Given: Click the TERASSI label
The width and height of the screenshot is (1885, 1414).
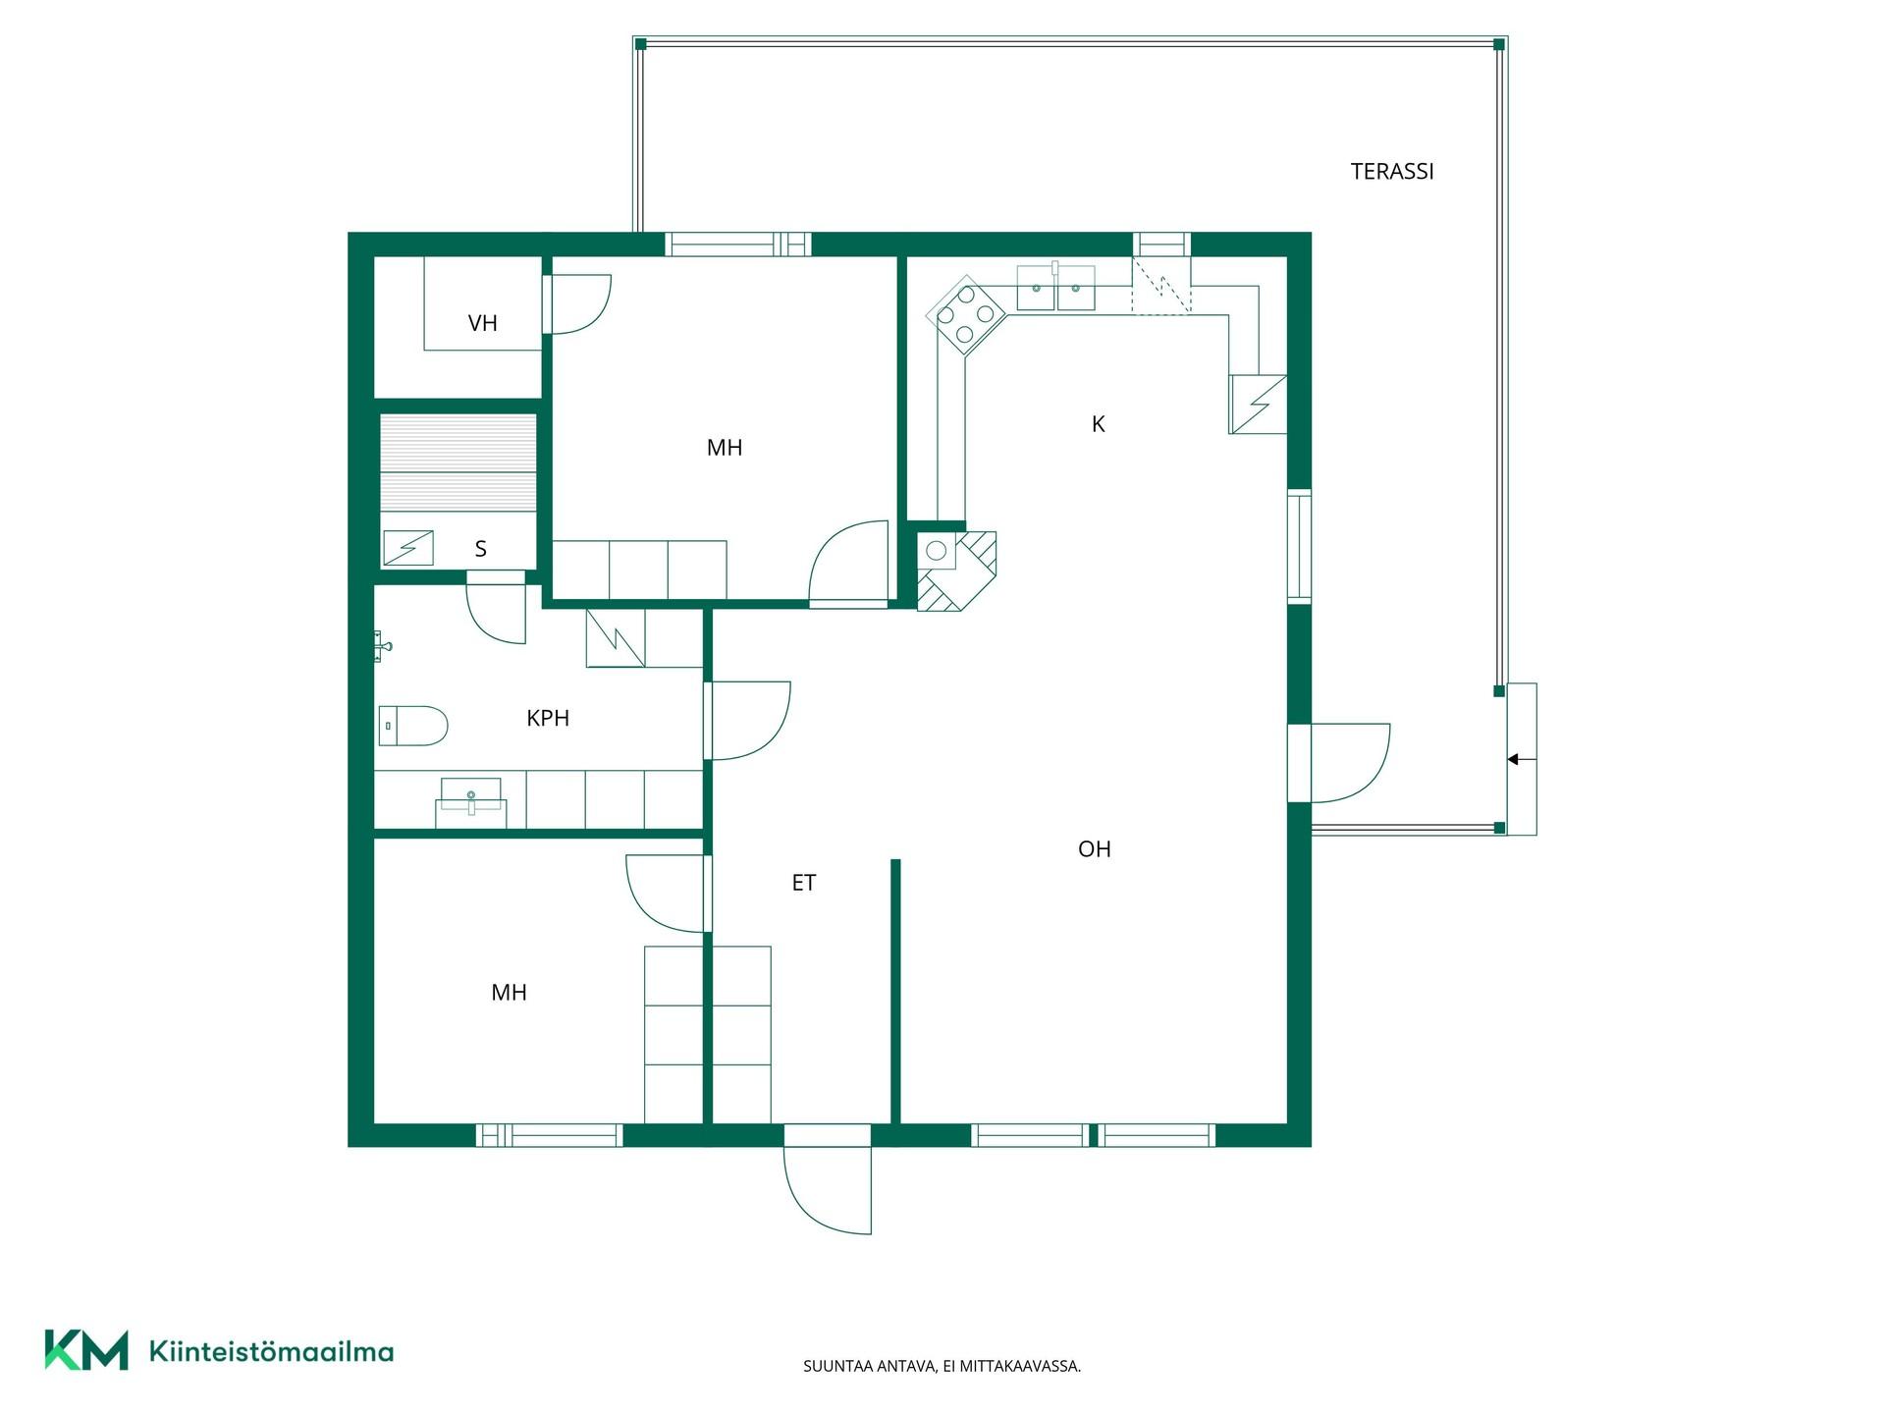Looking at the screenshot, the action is [x=1392, y=172].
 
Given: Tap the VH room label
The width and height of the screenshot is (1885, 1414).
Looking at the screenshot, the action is [x=483, y=323].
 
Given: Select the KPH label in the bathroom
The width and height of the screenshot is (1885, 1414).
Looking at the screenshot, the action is [x=548, y=718].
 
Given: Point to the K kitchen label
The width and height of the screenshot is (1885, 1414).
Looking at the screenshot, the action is [x=1099, y=424].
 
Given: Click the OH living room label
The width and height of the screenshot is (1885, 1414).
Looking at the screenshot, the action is [x=1095, y=849].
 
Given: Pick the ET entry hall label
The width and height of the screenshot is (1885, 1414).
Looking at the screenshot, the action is [x=804, y=883].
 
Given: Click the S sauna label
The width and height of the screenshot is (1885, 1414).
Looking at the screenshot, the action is [x=480, y=549].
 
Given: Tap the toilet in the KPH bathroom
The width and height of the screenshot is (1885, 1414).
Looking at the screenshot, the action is [x=413, y=726].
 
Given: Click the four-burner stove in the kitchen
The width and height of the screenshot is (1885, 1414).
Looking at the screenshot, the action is [x=967, y=314].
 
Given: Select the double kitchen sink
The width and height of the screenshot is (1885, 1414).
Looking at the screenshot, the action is [x=1055, y=288].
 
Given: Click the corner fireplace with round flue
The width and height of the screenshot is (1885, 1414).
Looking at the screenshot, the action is [x=956, y=571].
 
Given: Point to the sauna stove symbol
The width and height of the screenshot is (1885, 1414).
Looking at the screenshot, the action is [x=408, y=548].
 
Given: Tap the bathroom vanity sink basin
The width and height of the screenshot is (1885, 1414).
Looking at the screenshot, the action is [x=471, y=796].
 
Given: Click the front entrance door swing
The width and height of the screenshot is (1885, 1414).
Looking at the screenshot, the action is [x=828, y=1179].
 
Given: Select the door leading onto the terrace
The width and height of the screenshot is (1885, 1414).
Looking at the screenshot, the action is [x=1339, y=763].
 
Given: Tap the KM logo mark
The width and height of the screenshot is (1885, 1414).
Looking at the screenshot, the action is [x=86, y=1350].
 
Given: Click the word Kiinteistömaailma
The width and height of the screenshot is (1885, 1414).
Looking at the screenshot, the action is [x=271, y=1352].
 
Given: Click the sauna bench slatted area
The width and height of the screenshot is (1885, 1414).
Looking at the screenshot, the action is [x=458, y=462].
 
